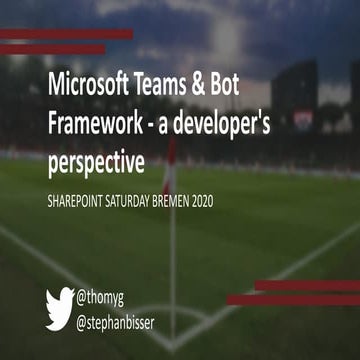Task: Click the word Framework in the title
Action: point(94,126)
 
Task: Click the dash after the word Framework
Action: point(151,128)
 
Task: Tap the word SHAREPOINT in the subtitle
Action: point(80,201)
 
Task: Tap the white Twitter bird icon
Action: point(61,302)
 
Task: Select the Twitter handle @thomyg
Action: point(108,296)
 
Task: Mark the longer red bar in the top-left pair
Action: point(66,34)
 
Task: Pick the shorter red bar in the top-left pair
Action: point(52,49)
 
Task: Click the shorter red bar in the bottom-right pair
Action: point(306,286)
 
